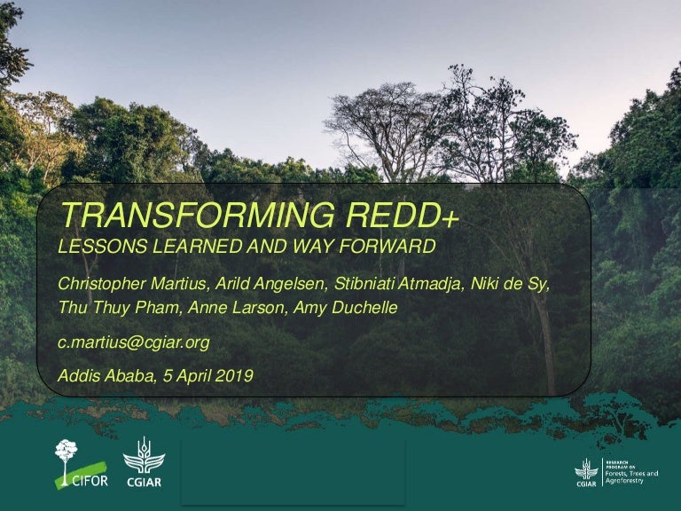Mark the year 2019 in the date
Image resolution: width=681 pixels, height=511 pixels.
(x=235, y=375)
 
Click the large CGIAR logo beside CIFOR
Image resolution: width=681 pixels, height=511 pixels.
(x=144, y=462)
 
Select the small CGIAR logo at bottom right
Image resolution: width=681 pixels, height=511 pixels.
(x=586, y=473)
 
